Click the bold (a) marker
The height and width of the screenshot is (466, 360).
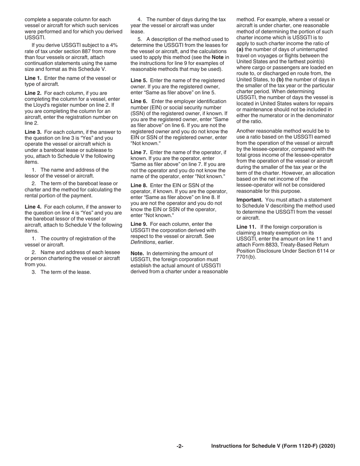[x=240, y=50]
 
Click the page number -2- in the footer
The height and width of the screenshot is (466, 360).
[x=180, y=446]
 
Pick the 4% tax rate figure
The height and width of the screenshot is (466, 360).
[x=113, y=45]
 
